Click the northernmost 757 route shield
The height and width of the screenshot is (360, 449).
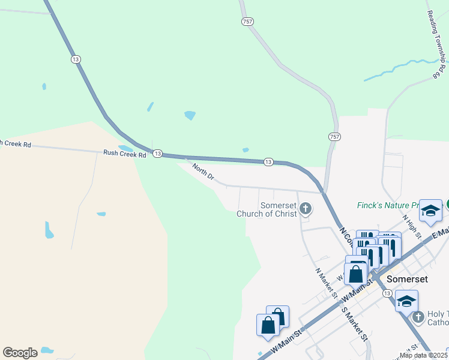(x=248, y=22)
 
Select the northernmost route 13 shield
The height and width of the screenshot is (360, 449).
(x=75, y=59)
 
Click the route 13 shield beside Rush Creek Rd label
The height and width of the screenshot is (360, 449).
(x=157, y=154)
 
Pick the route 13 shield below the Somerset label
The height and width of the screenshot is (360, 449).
(x=387, y=293)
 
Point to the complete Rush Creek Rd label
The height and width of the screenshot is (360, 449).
(x=125, y=154)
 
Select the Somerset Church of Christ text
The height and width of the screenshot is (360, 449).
(x=267, y=209)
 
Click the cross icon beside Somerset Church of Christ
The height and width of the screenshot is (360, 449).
(x=306, y=209)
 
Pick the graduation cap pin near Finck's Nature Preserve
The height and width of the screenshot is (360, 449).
(x=430, y=211)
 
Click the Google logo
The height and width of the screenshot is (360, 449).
(x=20, y=352)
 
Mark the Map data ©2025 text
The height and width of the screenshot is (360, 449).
(x=422, y=355)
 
